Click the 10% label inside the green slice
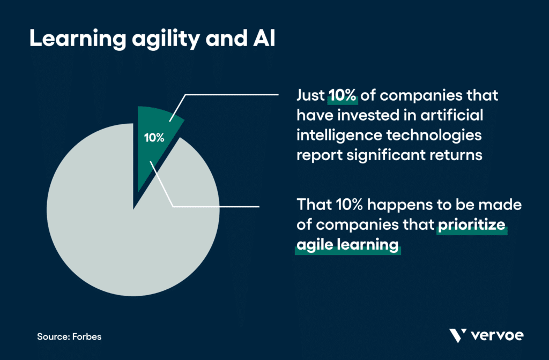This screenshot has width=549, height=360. pos(154,137)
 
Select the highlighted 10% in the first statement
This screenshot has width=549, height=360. pos(342,96)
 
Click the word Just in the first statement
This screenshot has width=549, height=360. pos(310,96)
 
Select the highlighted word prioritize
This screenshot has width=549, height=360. pos(471,226)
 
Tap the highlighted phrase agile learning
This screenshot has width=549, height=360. pos(347,245)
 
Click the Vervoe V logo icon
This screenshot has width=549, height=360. pos(457,336)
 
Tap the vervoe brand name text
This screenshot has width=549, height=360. pos(497,336)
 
